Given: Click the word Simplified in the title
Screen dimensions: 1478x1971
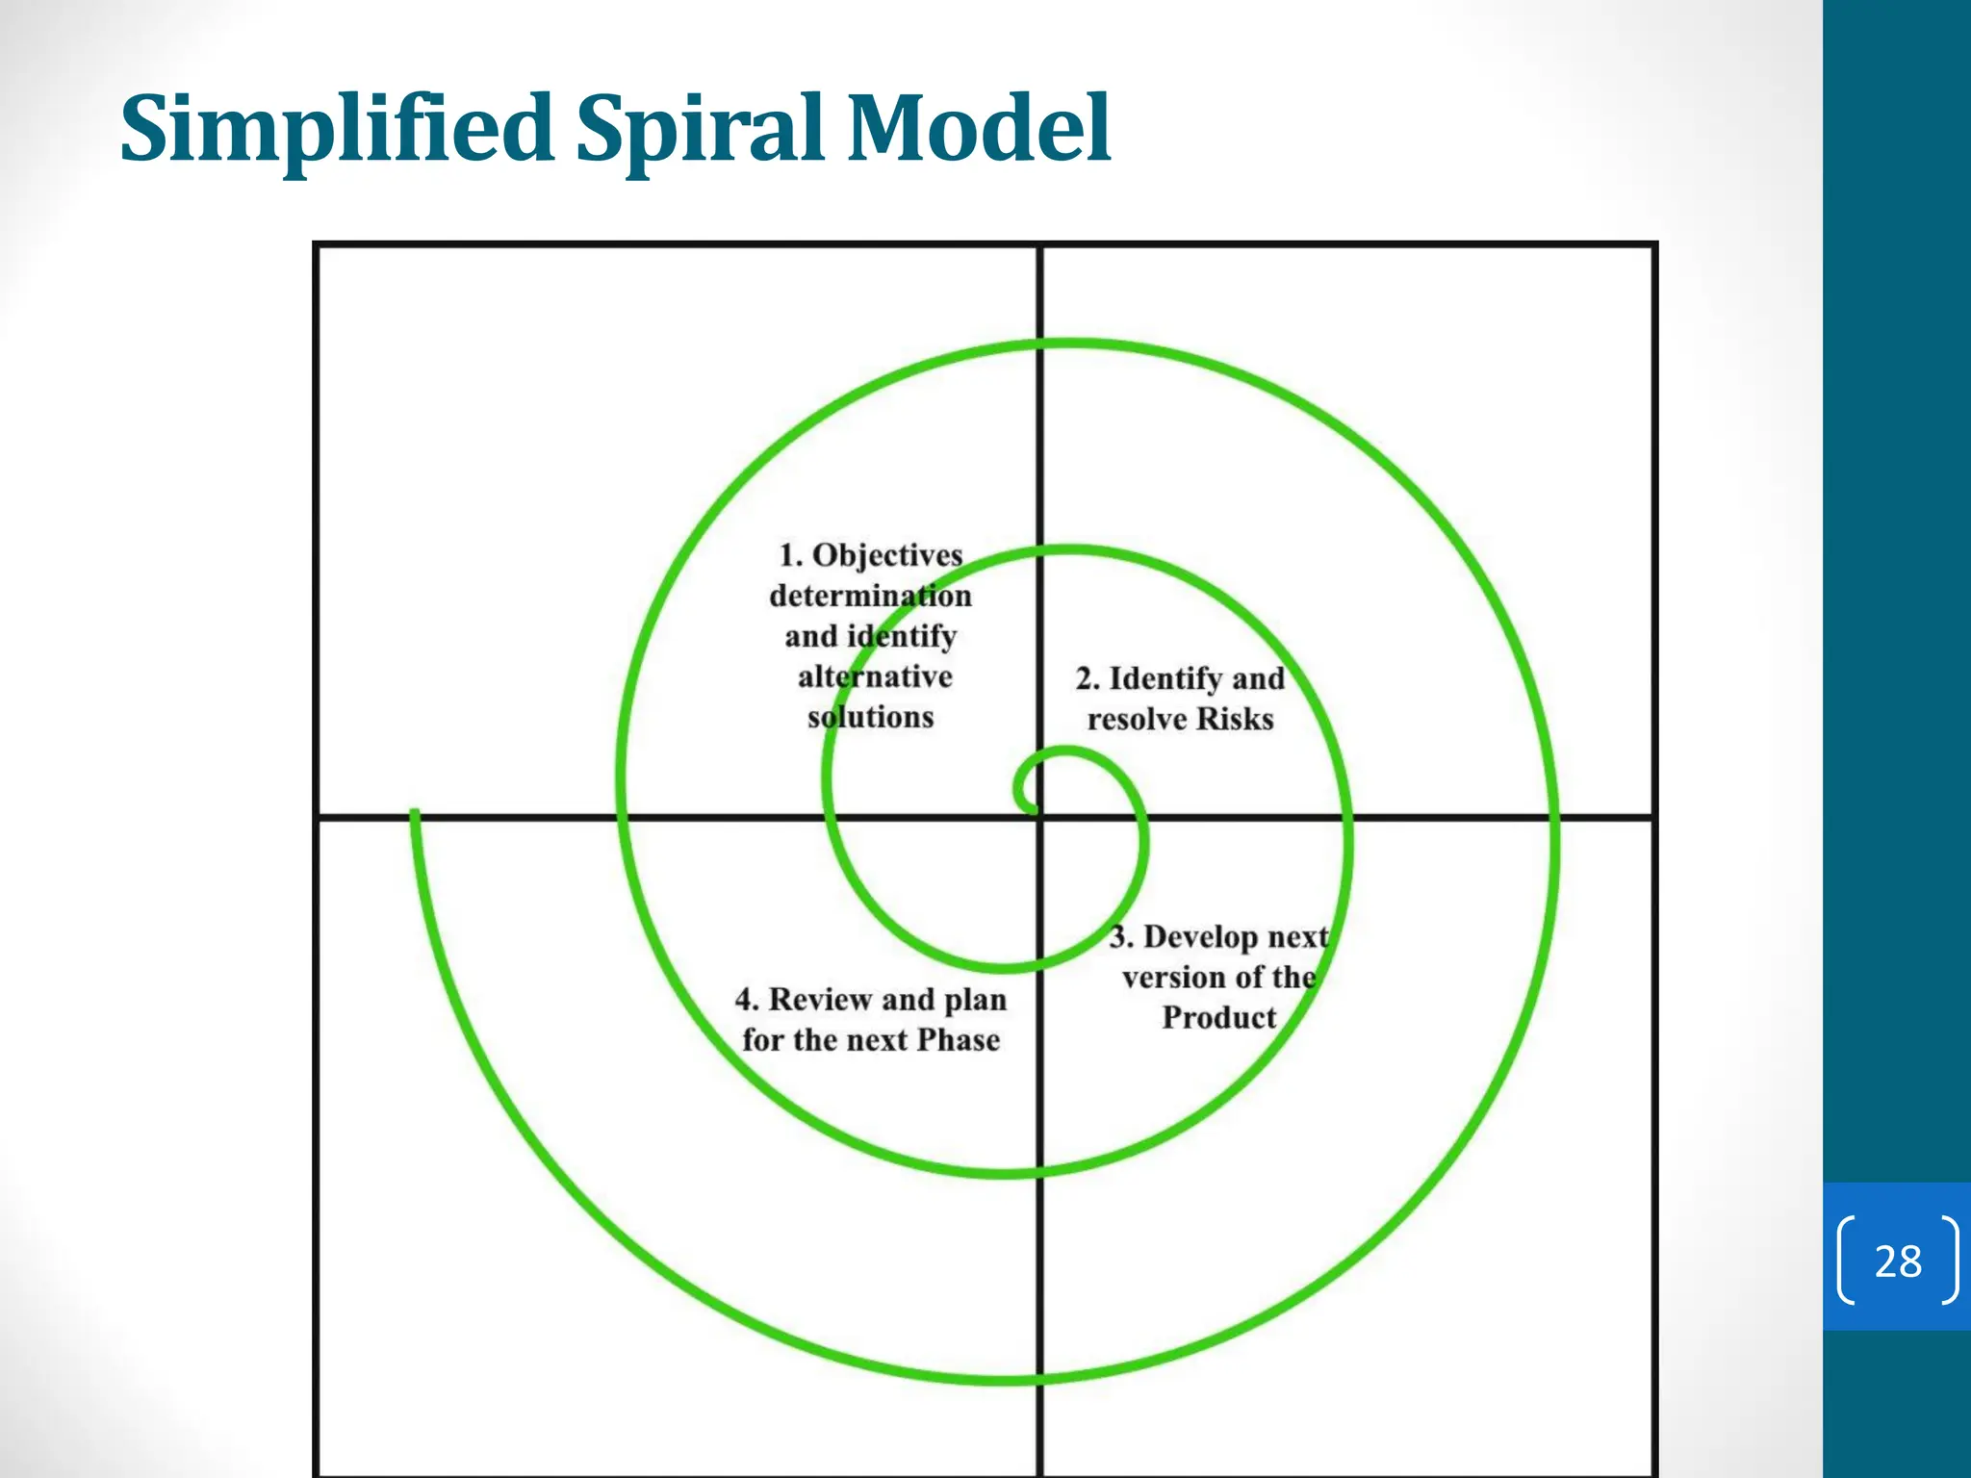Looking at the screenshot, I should tap(336, 130).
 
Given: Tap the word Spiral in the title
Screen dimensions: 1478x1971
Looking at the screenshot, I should tap(700, 130).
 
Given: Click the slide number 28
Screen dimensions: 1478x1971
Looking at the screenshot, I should tap(1898, 1261).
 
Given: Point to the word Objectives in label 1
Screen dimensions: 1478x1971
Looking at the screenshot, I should tap(887, 556).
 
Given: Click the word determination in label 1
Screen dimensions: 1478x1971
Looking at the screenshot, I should tap(870, 597).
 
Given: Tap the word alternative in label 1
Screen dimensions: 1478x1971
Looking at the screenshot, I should tap(875, 676).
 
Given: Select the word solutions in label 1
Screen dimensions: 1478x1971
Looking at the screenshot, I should tap(870, 717).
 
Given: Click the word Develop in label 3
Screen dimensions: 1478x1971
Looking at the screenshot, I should tap(1201, 937).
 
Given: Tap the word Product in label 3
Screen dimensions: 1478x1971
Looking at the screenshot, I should tap(1218, 1017).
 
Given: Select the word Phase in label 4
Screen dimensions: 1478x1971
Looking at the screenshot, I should tap(958, 1040).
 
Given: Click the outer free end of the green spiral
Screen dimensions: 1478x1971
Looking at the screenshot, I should tap(415, 815).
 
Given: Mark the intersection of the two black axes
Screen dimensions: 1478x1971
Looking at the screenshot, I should tap(1040, 818).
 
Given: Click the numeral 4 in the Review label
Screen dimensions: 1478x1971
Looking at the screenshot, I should tap(744, 1000).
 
